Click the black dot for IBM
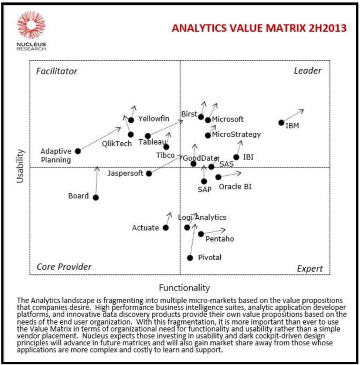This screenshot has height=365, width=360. click(281, 122)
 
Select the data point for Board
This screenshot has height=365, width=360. click(96, 198)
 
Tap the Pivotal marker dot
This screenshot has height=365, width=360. click(190, 258)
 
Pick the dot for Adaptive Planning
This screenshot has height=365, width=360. click(78, 151)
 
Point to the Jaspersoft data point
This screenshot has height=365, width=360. click(149, 174)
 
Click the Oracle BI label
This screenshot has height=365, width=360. click(235, 187)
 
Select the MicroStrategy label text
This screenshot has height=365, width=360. click(236, 135)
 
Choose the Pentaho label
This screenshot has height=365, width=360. click(220, 239)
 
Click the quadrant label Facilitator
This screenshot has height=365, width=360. click(56, 71)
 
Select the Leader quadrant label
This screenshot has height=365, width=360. click(307, 71)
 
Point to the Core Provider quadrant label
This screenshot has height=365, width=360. click(64, 267)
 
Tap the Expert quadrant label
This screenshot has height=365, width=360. click(310, 268)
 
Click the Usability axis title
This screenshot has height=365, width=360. click(20, 166)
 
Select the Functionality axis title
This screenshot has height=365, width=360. click(184, 288)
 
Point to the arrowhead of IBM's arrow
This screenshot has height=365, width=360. click(302, 111)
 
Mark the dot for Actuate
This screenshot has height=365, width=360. click(165, 228)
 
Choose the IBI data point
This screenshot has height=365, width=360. click(236, 157)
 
